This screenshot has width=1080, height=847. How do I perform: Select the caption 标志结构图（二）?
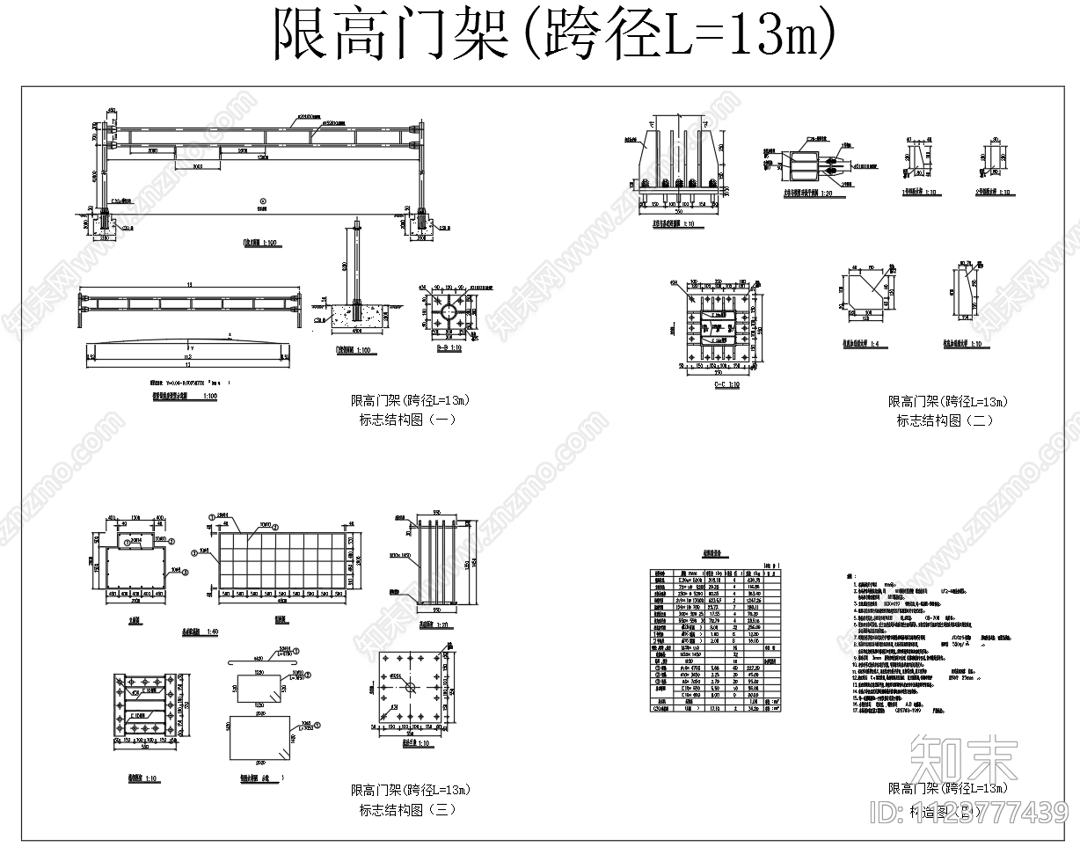click(944, 420)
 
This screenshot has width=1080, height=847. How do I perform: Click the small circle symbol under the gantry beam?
click(262, 201)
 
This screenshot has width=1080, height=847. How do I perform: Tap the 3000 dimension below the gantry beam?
click(198, 164)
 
